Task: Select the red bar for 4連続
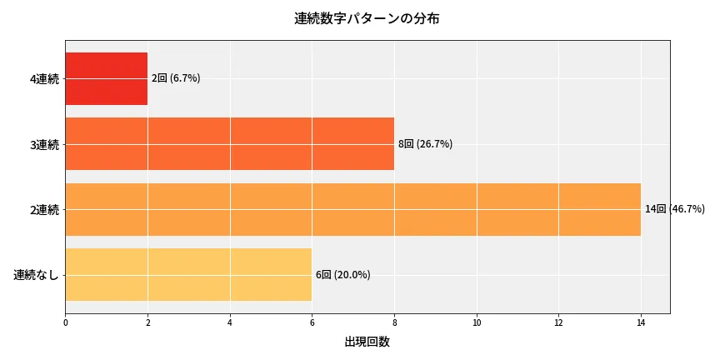(106, 78)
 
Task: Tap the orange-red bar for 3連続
(229, 144)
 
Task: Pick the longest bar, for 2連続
(352, 209)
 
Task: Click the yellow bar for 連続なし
(188, 274)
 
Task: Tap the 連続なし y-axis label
(37, 275)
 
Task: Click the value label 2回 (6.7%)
(176, 78)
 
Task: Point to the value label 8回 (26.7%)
(425, 144)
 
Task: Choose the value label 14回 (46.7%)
(675, 209)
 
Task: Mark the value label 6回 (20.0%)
(342, 275)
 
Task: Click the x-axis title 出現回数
(367, 342)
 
